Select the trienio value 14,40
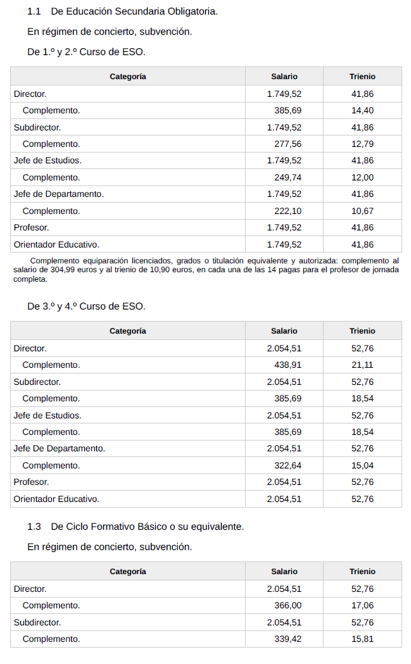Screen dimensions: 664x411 pyautogui.click(x=362, y=110)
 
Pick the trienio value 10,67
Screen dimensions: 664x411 pyautogui.click(x=362, y=211)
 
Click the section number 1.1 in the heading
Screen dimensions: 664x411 pyautogui.click(x=34, y=11)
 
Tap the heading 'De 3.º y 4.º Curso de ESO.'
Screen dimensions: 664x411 pyautogui.click(x=86, y=306)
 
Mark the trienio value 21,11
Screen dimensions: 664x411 pyautogui.click(x=362, y=365)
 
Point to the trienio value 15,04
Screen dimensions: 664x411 pyautogui.click(x=362, y=465)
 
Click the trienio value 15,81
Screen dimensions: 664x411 pyautogui.click(x=362, y=639)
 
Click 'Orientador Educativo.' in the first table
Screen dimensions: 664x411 pyautogui.click(x=56, y=244)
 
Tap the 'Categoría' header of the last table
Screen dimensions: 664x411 pyautogui.click(x=127, y=571)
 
